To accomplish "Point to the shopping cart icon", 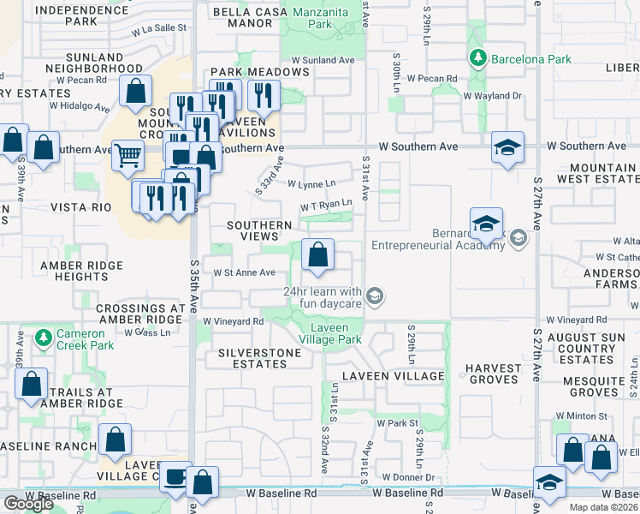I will [127, 155].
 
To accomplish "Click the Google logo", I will [27, 504].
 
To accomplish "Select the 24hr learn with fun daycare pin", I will [374, 296].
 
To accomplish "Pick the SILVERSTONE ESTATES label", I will [260, 358].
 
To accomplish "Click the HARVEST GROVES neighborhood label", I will [493, 374].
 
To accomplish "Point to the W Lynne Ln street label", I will [311, 183].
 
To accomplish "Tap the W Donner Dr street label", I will [409, 476].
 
